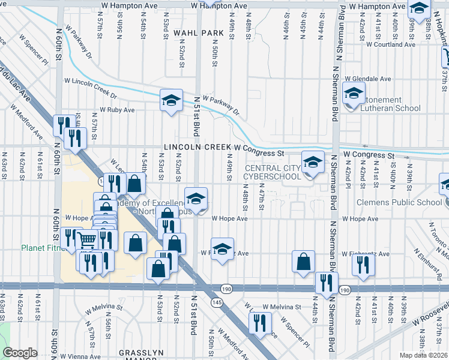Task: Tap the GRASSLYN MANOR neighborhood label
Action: (142, 353)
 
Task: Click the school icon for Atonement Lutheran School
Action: (354, 93)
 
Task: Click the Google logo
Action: (20, 353)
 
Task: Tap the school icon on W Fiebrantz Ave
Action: (222, 248)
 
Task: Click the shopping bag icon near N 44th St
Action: (304, 261)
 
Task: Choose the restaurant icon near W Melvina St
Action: (259, 322)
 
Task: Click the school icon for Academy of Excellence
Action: (196, 197)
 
